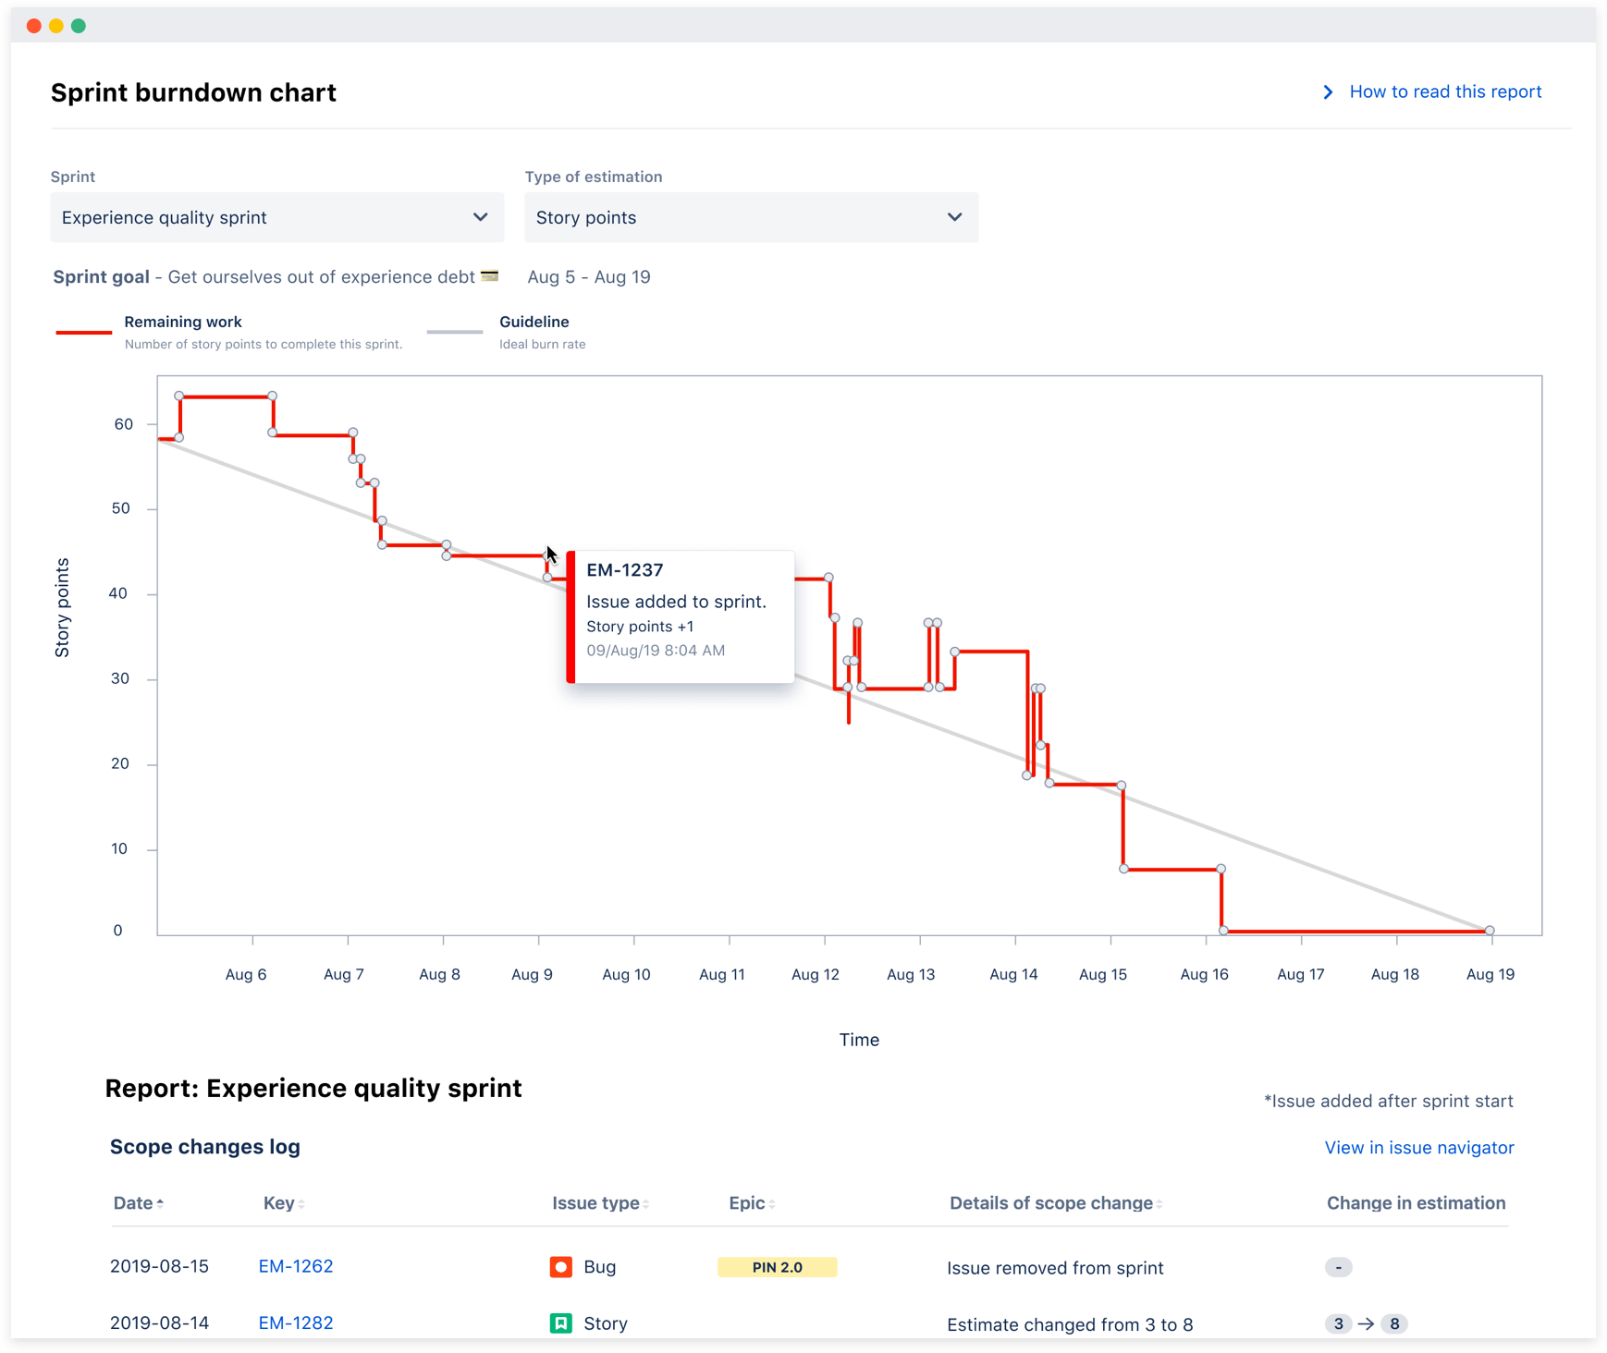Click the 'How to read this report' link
[x=1444, y=91]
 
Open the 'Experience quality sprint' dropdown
[x=276, y=217]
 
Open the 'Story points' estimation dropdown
[x=751, y=217]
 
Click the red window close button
[x=34, y=26]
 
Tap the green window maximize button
[x=79, y=26]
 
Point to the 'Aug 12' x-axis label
[x=815, y=974]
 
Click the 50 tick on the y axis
[x=121, y=508]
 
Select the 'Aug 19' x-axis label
[x=1490, y=974]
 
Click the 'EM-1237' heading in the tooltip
[x=625, y=570]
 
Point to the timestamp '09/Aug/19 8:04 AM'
[x=656, y=651]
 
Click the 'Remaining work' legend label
[x=183, y=322]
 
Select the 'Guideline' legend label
[x=534, y=322]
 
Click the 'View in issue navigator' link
[x=1418, y=1148]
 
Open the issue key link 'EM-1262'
[x=296, y=1266]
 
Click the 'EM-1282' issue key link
[x=296, y=1323]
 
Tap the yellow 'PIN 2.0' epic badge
[x=777, y=1267]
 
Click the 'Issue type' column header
[x=596, y=1203]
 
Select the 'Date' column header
[x=134, y=1203]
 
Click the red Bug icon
[x=560, y=1267]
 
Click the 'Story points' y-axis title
[x=62, y=607]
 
